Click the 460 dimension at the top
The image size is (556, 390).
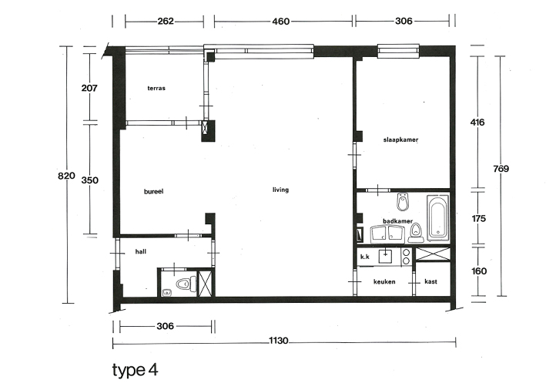pyautogui.click(x=281, y=22)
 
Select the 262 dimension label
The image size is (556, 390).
pyautogui.click(x=166, y=22)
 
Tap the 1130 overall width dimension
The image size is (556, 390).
pyautogui.click(x=278, y=341)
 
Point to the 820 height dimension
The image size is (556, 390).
pyautogui.click(x=66, y=176)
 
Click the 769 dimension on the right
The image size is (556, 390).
pyautogui.click(x=501, y=169)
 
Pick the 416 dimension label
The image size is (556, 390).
pyautogui.click(x=477, y=123)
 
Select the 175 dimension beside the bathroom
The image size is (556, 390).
pyautogui.click(x=479, y=219)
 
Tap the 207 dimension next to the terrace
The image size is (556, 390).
pyautogui.click(x=89, y=88)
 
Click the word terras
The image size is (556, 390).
pyautogui.click(x=156, y=88)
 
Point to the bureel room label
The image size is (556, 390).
pyautogui.click(x=153, y=192)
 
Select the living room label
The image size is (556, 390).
pyautogui.click(x=280, y=190)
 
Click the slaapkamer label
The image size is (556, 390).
pyautogui.click(x=400, y=140)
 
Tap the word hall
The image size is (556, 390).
pyautogui.click(x=141, y=251)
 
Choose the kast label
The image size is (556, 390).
pyautogui.click(x=430, y=281)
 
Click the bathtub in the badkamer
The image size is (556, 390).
pyautogui.click(x=438, y=217)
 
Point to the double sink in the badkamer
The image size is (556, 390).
pyautogui.click(x=387, y=234)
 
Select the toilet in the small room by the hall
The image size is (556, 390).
pyautogui.click(x=186, y=284)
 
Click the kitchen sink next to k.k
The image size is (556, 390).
pyautogui.click(x=385, y=255)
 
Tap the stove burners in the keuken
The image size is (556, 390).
pyautogui.click(x=406, y=257)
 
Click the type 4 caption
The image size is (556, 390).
pyautogui.click(x=135, y=370)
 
